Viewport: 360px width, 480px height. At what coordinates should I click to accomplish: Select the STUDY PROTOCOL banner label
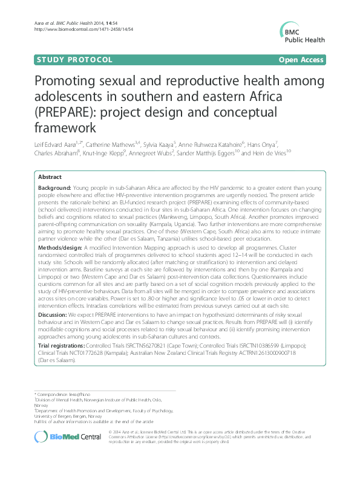click(76, 60)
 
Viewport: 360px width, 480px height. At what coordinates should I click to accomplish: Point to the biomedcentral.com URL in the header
click(72, 28)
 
